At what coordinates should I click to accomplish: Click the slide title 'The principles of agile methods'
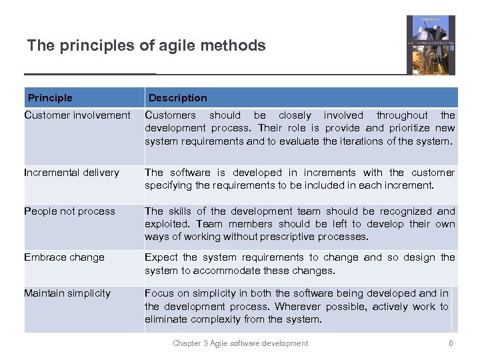146,45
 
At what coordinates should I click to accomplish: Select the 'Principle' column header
50,98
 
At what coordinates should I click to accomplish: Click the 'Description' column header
177,98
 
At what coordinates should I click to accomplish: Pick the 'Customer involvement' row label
77,115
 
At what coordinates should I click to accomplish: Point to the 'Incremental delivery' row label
71,173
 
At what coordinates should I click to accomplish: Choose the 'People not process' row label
69,211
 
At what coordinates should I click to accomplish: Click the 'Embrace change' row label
64,257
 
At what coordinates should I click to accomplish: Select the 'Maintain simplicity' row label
67,293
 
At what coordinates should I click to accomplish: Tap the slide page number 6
451,343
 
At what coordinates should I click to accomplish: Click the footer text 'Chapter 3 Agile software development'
240,343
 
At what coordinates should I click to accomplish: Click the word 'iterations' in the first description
359,141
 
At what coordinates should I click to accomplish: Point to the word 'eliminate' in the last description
166,319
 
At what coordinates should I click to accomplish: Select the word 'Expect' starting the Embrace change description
161,257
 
